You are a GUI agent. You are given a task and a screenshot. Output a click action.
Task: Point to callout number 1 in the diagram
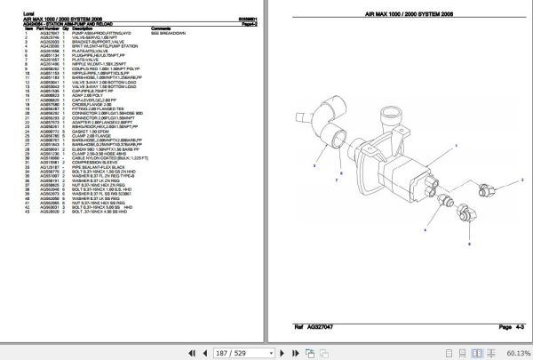click(456, 145)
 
